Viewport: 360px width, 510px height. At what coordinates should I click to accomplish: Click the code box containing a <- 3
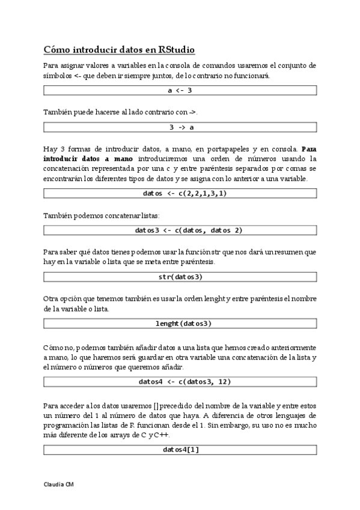[x=180, y=90]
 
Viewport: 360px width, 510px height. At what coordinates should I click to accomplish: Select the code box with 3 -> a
[x=180, y=127]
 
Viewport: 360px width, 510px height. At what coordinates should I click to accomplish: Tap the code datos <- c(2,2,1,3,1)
[x=180, y=193]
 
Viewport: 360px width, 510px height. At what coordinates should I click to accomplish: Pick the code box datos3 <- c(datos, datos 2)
[x=180, y=230]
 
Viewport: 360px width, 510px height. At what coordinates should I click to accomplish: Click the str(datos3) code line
[x=180, y=277]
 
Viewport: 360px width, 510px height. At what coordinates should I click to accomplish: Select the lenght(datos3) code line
[x=180, y=324]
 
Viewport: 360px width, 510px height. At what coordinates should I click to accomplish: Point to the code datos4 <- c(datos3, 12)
[x=180, y=381]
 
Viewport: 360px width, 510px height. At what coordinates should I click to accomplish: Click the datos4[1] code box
[x=180, y=449]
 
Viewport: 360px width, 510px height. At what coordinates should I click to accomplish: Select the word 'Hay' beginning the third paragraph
[x=50, y=149]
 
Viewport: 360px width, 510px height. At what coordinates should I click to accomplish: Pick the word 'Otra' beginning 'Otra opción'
[x=52, y=299]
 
